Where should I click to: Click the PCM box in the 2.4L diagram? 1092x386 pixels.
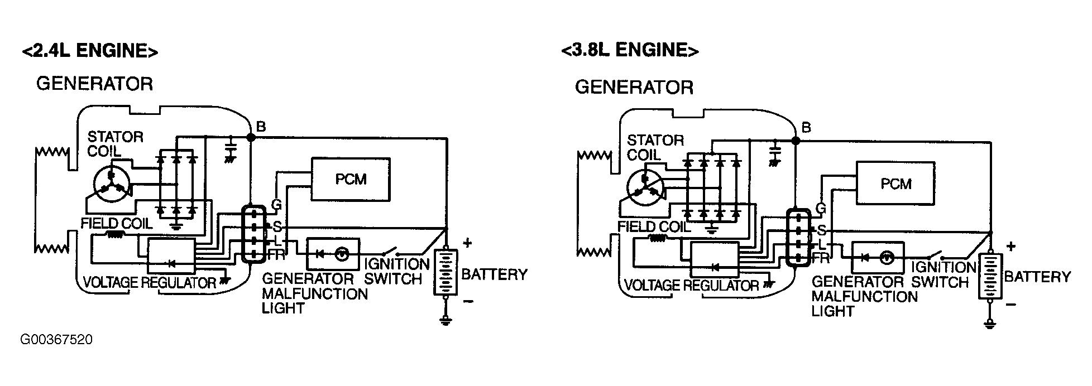[x=351, y=179]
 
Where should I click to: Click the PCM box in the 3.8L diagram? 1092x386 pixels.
[x=895, y=184]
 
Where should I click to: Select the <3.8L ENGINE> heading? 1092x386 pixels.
[x=630, y=50]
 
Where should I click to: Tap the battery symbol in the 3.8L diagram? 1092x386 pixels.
[x=990, y=277]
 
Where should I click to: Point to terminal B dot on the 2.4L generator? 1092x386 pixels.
[x=251, y=137]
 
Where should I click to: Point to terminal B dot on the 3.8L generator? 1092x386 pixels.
[x=796, y=141]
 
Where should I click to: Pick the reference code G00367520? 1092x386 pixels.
[x=57, y=340]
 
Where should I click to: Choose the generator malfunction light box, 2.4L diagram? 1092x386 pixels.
[x=333, y=254]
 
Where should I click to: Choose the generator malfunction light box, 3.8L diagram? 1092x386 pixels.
[x=878, y=257]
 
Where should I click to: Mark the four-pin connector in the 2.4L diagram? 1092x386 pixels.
[x=253, y=234]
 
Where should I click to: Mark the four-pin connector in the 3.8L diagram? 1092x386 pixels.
[x=798, y=237]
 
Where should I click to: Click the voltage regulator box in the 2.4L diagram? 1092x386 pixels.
[x=171, y=255]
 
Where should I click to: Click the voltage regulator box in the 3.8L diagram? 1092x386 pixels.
[x=715, y=259]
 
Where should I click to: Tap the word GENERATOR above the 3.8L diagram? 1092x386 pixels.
[x=634, y=88]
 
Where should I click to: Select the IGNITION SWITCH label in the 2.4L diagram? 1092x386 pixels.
[x=395, y=271]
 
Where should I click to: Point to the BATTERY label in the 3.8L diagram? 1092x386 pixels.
[x=1038, y=277]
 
